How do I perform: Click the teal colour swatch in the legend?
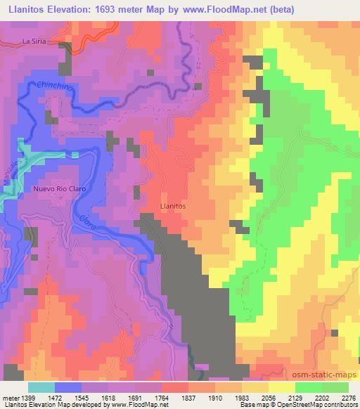click(x=41, y=387)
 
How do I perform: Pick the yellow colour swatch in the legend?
click(x=281, y=387)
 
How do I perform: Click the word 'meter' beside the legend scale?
click(x=8, y=398)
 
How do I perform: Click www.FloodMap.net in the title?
click(x=214, y=9)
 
